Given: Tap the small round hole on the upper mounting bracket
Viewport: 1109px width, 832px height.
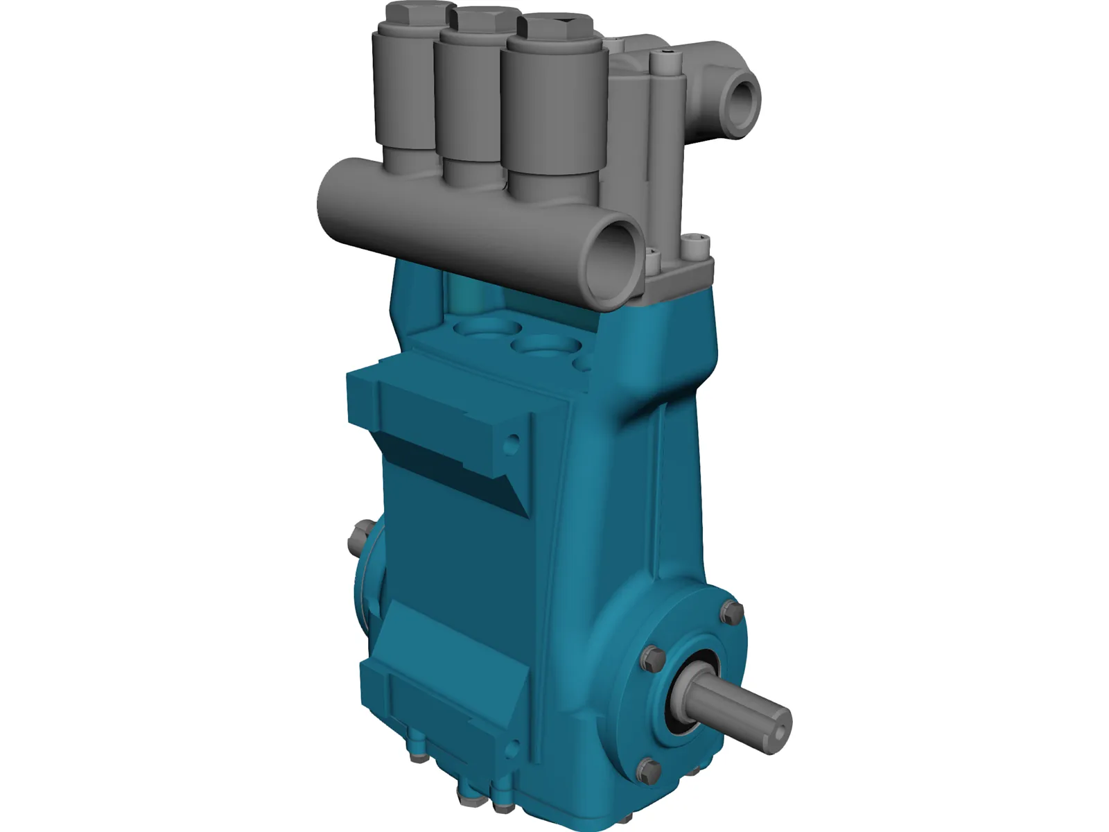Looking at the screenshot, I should tap(513, 440).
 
